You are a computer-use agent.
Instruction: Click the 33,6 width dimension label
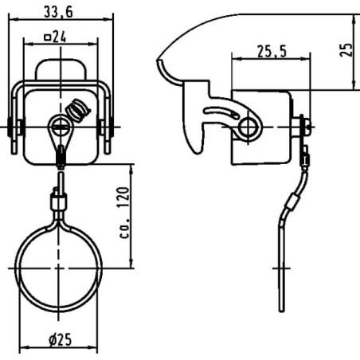click(x=58, y=12)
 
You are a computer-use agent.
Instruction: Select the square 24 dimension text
click(x=55, y=37)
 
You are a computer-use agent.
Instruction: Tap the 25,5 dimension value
click(x=272, y=51)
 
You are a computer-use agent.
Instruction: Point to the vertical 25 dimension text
click(x=346, y=49)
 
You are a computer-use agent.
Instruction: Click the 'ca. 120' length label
click(x=123, y=213)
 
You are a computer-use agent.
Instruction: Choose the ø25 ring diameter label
click(x=61, y=339)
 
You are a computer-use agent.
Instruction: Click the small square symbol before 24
click(x=47, y=37)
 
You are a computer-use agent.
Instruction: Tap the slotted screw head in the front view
click(x=61, y=127)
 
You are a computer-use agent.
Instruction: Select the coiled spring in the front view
click(x=78, y=110)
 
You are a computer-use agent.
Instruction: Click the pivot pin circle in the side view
click(x=248, y=127)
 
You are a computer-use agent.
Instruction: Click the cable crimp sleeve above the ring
click(x=58, y=202)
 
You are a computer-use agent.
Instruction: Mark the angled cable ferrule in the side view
click(x=292, y=202)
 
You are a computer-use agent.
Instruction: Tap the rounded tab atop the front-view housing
click(x=61, y=69)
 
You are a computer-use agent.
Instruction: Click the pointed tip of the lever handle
click(x=158, y=61)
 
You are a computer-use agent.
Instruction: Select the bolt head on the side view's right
click(x=307, y=127)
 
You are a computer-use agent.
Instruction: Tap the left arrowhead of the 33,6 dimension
click(x=13, y=19)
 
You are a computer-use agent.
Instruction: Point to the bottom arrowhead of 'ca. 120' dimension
click(x=131, y=264)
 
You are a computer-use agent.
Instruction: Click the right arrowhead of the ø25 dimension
click(x=94, y=347)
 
